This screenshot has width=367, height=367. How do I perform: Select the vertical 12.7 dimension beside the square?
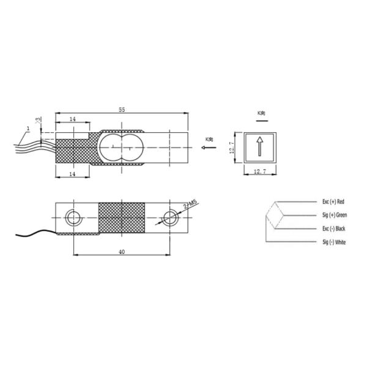(x=233, y=147)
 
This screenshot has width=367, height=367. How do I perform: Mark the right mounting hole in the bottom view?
(x=169, y=217)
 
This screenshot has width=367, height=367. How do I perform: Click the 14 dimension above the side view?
(x=72, y=119)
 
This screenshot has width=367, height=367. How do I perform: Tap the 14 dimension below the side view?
(x=72, y=175)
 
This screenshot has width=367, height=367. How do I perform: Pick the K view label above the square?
(x=261, y=113)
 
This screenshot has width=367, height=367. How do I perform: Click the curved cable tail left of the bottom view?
(x=34, y=233)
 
